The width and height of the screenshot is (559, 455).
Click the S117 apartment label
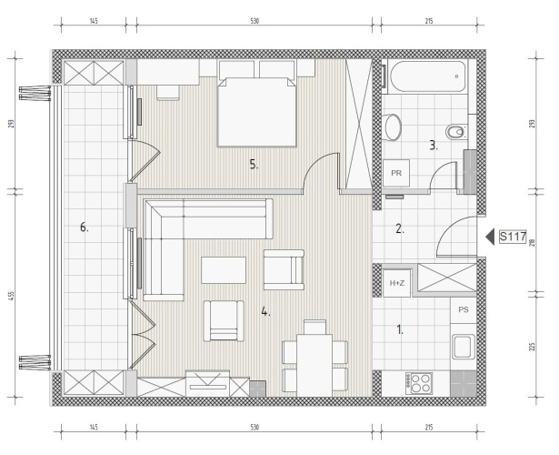513,237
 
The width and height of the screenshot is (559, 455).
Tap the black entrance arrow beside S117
490,237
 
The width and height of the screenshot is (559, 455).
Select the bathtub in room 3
428,76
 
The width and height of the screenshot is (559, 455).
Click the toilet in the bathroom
456,132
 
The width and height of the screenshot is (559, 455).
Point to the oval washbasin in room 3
394,127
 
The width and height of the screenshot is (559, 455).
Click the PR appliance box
396,174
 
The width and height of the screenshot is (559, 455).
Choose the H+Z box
397,283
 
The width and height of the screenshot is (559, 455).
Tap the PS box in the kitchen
463,309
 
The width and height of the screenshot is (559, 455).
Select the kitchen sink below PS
464,347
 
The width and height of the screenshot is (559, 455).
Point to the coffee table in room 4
224,270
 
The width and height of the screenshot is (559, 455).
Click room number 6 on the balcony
85,227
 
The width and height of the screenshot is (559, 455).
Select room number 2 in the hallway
400,228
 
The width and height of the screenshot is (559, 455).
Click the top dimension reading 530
255,21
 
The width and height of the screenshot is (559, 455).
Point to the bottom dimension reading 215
429,427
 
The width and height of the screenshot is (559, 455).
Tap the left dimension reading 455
12,296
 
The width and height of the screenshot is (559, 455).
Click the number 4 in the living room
265,312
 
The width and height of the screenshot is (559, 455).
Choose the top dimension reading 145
94,21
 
